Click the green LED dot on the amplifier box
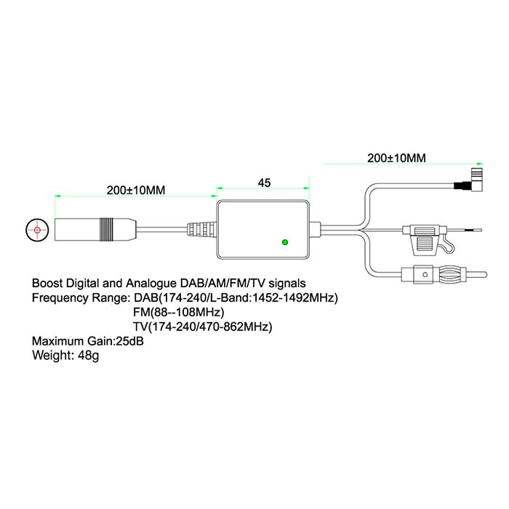285,241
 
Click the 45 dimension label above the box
264,184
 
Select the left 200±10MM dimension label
136,191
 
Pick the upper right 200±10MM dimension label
396,157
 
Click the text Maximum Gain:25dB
88,341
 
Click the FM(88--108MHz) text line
180,312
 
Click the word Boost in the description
47,282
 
